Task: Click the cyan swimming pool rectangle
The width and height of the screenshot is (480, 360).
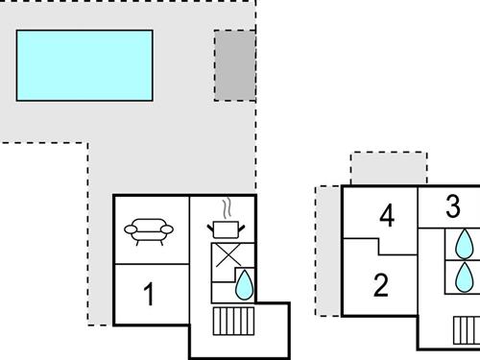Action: point(84,65)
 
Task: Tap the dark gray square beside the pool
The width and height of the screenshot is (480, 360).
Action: point(234,65)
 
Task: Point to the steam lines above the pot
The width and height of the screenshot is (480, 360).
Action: point(227,207)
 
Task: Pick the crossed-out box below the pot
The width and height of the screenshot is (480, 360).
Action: point(227,257)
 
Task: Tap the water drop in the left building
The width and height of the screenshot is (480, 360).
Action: point(244,284)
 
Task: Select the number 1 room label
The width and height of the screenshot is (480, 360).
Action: point(149,294)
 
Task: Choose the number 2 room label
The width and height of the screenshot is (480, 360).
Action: point(381,285)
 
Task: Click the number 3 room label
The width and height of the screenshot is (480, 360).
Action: point(453,206)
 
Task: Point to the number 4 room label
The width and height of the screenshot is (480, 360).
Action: point(387,216)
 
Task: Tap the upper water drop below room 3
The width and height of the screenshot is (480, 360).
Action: point(465,242)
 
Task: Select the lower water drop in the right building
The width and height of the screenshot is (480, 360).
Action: point(465,276)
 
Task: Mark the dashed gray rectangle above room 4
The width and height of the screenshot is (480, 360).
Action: point(388,169)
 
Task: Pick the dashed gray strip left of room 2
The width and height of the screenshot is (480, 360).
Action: point(328,251)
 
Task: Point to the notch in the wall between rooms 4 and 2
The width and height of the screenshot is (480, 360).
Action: point(383,247)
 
